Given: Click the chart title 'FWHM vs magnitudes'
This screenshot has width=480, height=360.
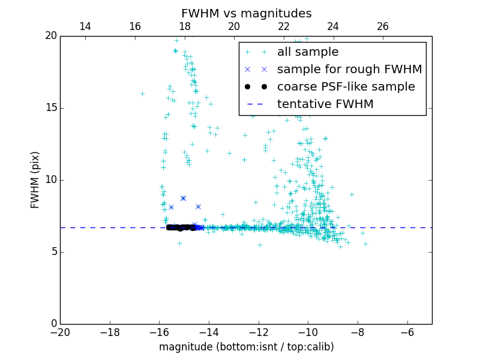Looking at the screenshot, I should (247, 13).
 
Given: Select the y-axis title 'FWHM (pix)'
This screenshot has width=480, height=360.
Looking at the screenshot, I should (35, 180).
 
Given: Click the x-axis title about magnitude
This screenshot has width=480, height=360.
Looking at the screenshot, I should (247, 347).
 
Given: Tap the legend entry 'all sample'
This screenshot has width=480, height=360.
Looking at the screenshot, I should (308, 52).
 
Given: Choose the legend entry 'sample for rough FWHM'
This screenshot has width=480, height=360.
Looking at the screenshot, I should (349, 70).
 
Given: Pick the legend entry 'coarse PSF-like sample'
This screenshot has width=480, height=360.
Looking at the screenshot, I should (346, 87).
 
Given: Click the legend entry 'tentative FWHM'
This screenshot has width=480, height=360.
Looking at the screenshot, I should (325, 104).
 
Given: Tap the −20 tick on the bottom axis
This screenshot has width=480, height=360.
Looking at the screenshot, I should (60, 332).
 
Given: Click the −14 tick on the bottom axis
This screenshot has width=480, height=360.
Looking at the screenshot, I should (209, 332).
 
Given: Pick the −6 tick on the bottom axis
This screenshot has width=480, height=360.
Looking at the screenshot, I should (407, 332).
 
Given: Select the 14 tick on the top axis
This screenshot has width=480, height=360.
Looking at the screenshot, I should (85, 26).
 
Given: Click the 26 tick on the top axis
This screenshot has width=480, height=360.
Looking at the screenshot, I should (383, 26).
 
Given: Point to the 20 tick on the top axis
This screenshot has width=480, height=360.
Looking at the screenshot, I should (234, 26).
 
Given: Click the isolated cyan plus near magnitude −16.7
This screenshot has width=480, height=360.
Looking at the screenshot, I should (142, 94).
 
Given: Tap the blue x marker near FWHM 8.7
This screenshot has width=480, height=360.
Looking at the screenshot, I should (183, 198).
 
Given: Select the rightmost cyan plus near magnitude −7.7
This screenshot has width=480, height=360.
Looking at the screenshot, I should (365, 244).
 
